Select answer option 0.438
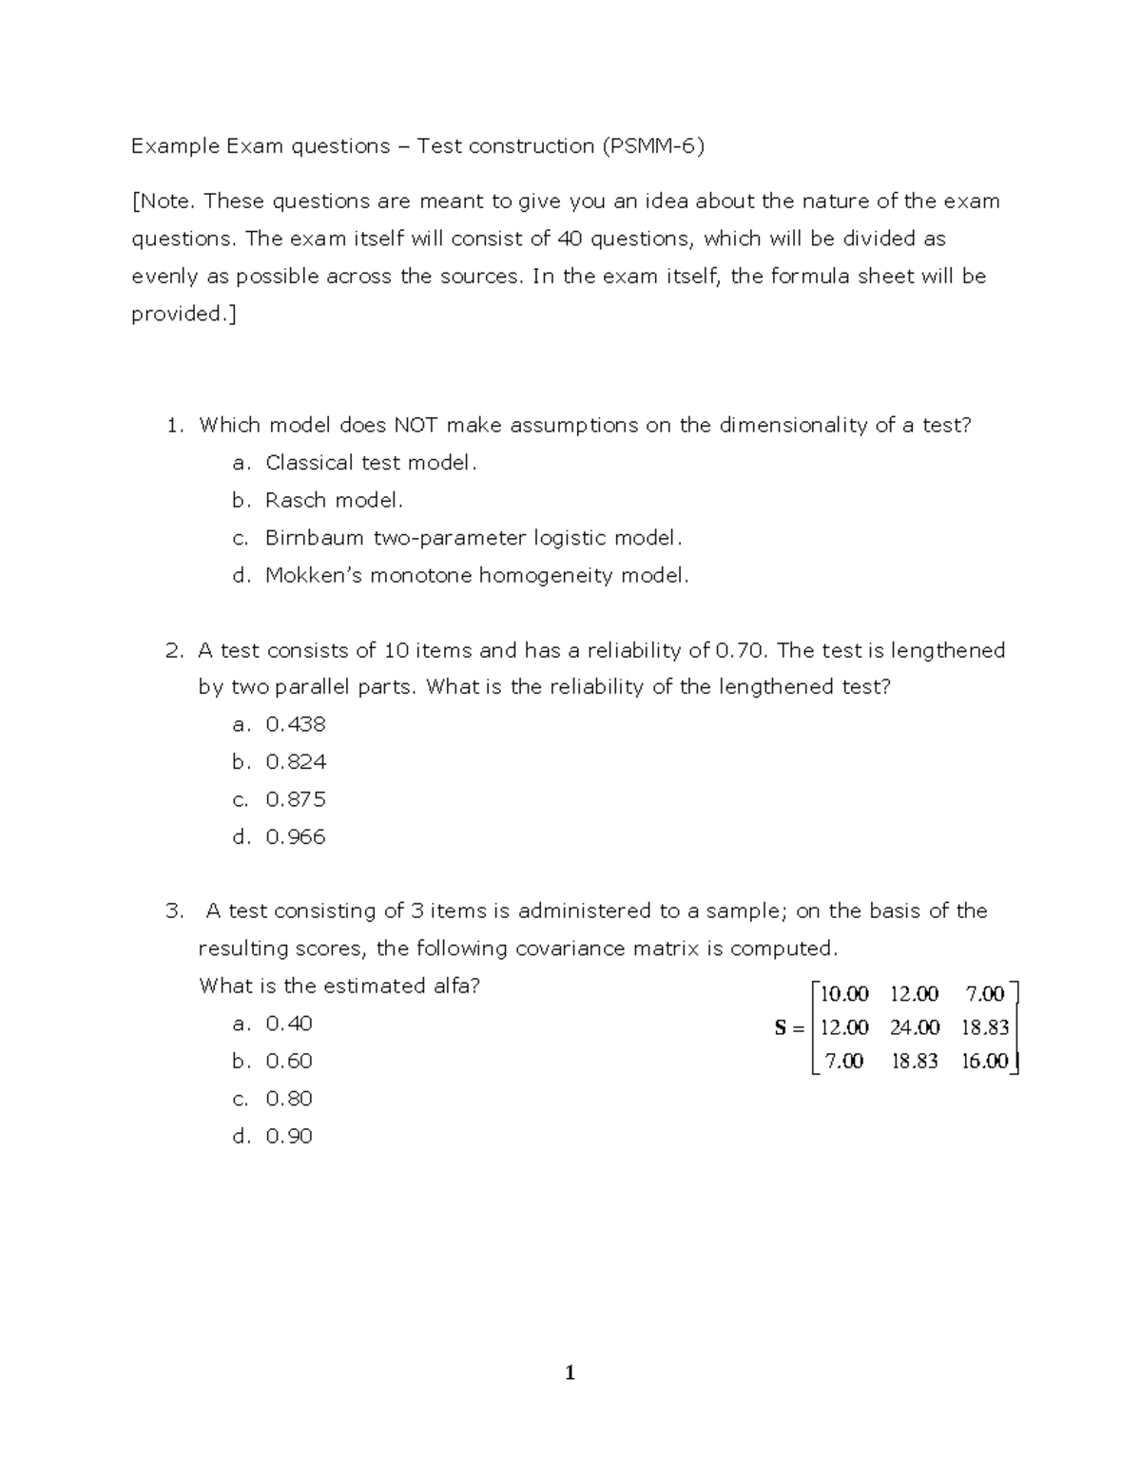tap(296, 724)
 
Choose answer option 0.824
tap(296, 762)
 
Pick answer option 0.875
tap(296, 799)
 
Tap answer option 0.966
tap(296, 837)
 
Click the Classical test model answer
tap(371, 463)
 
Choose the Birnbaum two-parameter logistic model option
tap(474, 538)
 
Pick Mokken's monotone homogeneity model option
tap(476, 576)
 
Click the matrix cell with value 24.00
tap(915, 1027)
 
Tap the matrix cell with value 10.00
tap(844, 994)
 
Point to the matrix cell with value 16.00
tap(984, 1062)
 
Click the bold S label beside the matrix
tap(782, 1027)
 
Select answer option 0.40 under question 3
tap(289, 1024)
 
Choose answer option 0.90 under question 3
tap(289, 1137)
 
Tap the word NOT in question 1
tap(416, 426)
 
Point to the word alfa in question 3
tap(454, 987)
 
